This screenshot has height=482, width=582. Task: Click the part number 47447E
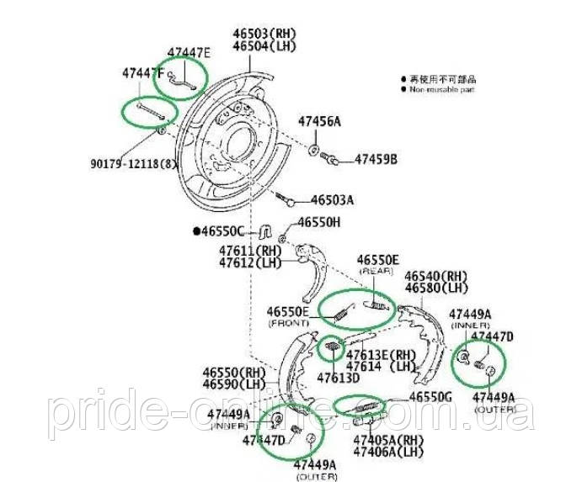pyautogui.click(x=190, y=52)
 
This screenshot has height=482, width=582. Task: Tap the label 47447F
pyautogui.click(x=144, y=73)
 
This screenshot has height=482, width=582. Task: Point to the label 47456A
pyautogui.click(x=320, y=122)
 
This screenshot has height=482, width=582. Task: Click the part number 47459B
pyautogui.click(x=375, y=158)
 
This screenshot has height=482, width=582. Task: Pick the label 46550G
pyautogui.click(x=430, y=396)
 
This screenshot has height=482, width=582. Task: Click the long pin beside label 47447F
pyautogui.click(x=147, y=109)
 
